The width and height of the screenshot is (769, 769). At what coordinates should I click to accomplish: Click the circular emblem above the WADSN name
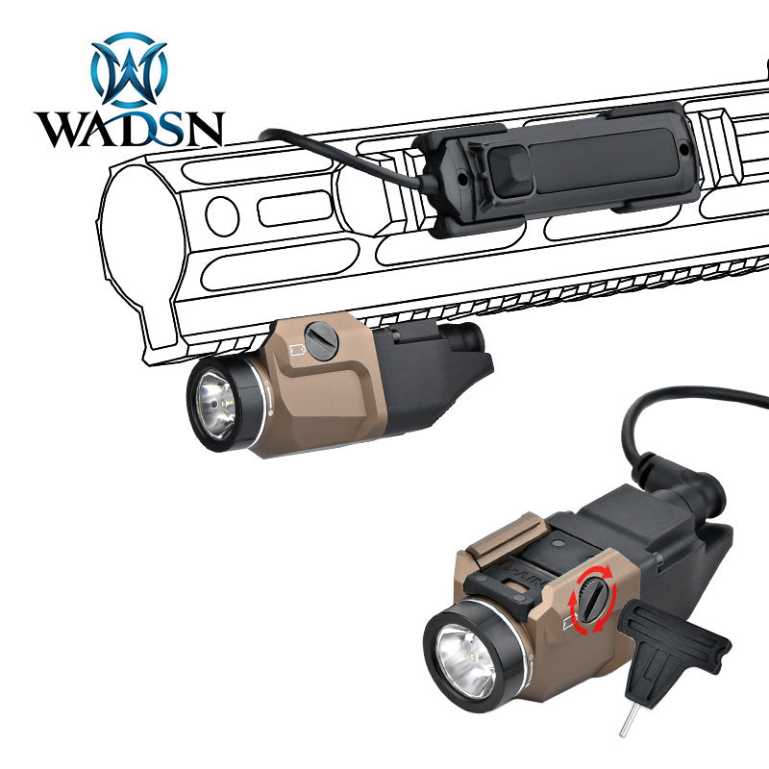[130, 69]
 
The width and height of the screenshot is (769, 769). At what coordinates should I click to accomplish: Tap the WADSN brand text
[130, 129]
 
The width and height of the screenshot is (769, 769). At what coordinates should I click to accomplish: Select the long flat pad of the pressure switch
[605, 160]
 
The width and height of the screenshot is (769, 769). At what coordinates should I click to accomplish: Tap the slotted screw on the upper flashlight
[321, 341]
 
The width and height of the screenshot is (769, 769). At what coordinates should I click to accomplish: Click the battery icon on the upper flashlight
[297, 350]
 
